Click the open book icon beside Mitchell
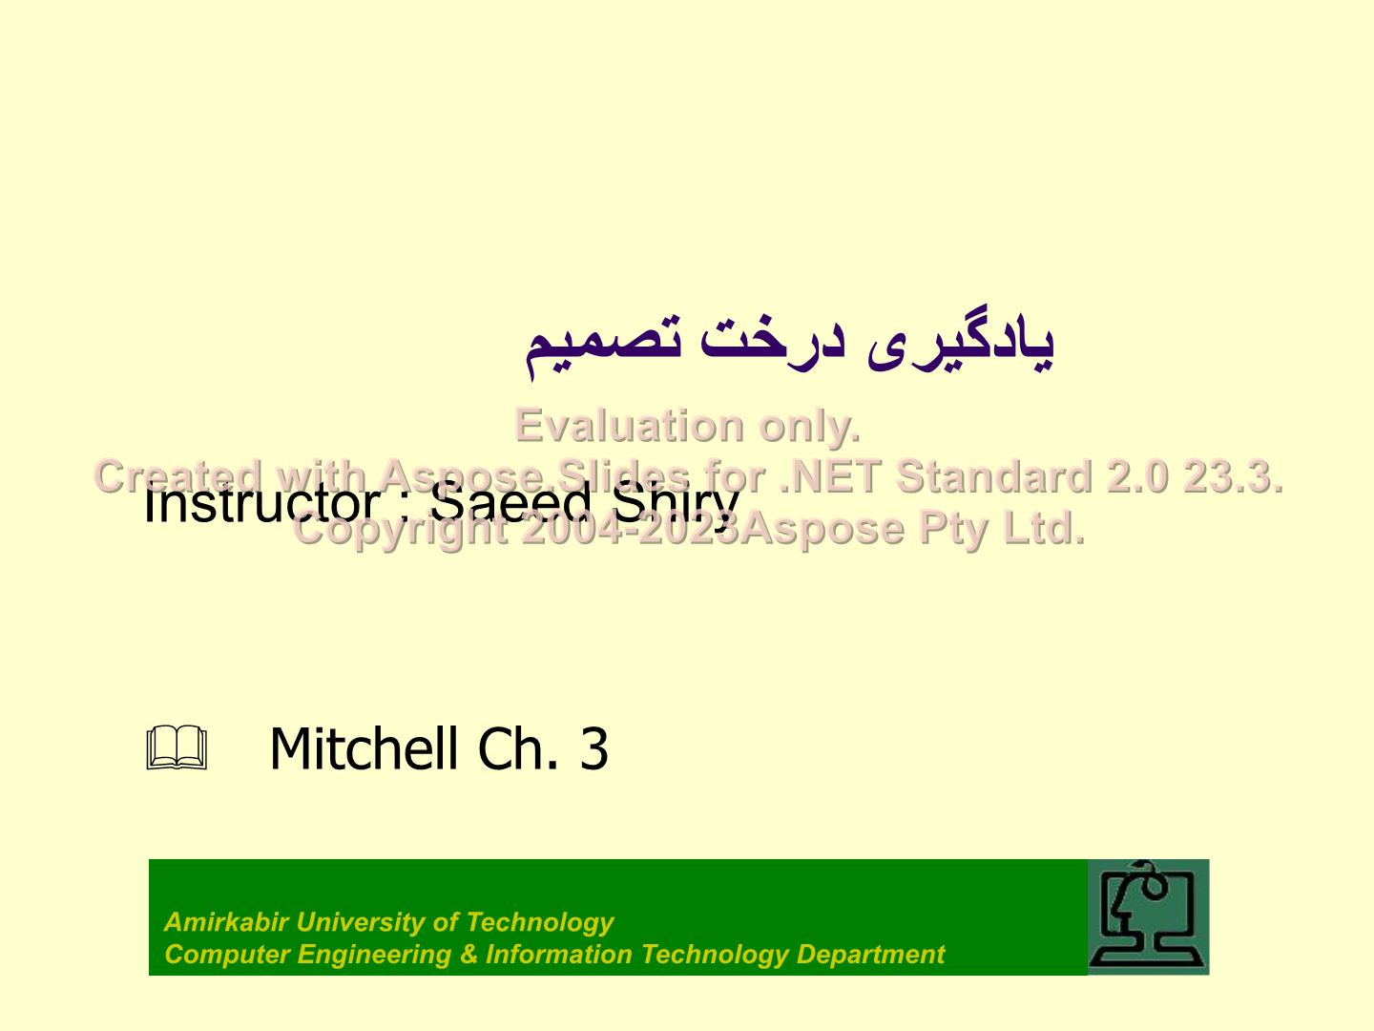177,748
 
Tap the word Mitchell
364,748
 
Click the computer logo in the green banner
1148,916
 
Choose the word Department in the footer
870,955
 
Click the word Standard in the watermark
993,476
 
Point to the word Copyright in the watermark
400,529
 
